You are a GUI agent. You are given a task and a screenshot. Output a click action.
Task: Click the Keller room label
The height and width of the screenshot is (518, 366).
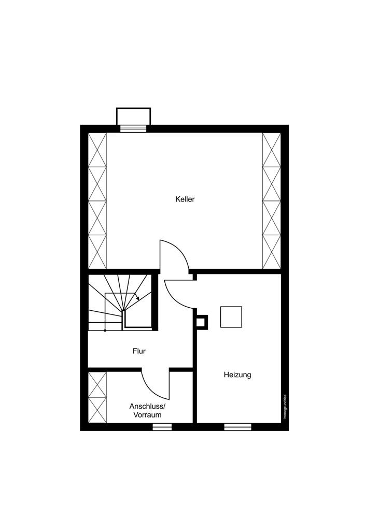click(x=185, y=199)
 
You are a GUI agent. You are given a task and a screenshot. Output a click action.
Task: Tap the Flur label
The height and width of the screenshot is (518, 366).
click(x=139, y=351)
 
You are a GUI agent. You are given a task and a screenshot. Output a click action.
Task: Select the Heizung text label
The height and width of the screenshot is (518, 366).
click(x=237, y=375)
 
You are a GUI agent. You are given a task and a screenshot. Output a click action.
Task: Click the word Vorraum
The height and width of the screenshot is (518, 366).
click(x=147, y=415)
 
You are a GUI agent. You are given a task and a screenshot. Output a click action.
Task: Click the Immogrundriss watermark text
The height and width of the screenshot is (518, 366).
click(x=285, y=408)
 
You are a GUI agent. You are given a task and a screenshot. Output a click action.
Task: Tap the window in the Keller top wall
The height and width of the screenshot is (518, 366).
click(x=133, y=128)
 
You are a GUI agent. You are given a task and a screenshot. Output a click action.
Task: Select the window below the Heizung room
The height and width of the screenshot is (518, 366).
click(x=238, y=427)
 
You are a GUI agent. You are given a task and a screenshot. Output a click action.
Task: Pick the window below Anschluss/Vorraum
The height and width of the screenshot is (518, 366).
click(x=162, y=427)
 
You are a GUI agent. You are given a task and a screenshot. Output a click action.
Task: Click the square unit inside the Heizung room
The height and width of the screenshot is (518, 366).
click(x=231, y=317)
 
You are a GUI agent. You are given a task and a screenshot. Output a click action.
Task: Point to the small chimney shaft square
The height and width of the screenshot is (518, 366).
click(x=202, y=322)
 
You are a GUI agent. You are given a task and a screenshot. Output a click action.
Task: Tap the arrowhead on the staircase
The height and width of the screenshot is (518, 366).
click(x=137, y=298)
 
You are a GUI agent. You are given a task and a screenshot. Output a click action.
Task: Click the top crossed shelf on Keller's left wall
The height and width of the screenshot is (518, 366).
click(x=97, y=150)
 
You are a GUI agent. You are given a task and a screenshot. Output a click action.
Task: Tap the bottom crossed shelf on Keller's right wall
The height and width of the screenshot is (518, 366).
click(x=272, y=252)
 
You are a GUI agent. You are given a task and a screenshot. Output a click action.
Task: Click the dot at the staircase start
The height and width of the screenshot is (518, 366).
click(x=105, y=330)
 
